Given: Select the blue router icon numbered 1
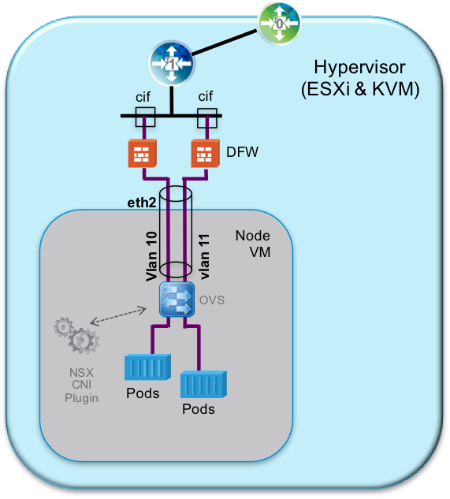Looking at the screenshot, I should click(x=171, y=64).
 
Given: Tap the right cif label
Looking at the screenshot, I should click(x=206, y=96).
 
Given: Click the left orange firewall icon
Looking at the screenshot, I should click(x=143, y=153).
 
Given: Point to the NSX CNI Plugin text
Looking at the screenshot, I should click(x=82, y=385).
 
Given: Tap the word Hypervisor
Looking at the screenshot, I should click(x=359, y=66).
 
